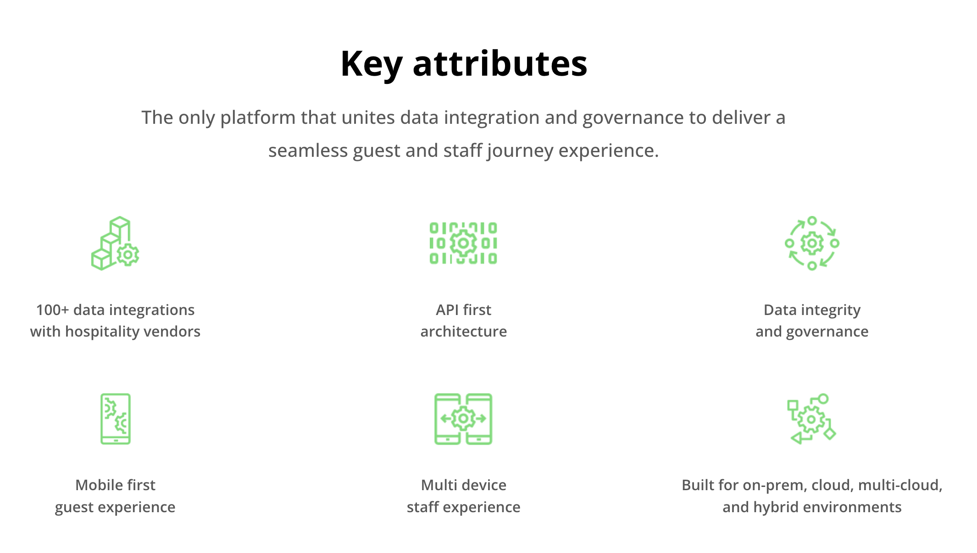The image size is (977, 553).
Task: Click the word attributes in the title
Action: coord(500,63)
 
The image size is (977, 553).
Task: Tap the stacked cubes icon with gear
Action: coord(115,243)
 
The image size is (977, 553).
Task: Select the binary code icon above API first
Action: coord(463,243)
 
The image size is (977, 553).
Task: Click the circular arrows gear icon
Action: coord(812,243)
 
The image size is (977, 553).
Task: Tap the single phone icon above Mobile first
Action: coord(116,419)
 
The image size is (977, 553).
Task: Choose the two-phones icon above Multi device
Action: coord(463,419)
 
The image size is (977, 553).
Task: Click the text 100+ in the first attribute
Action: coord(52,310)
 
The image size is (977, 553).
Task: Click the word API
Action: coord(447,310)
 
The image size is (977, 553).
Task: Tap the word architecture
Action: coord(464,332)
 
